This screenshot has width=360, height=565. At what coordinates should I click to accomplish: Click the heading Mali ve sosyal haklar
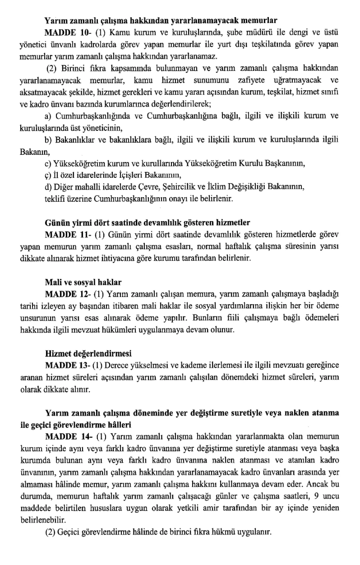83,282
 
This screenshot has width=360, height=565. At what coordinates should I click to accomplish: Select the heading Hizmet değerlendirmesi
88,353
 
